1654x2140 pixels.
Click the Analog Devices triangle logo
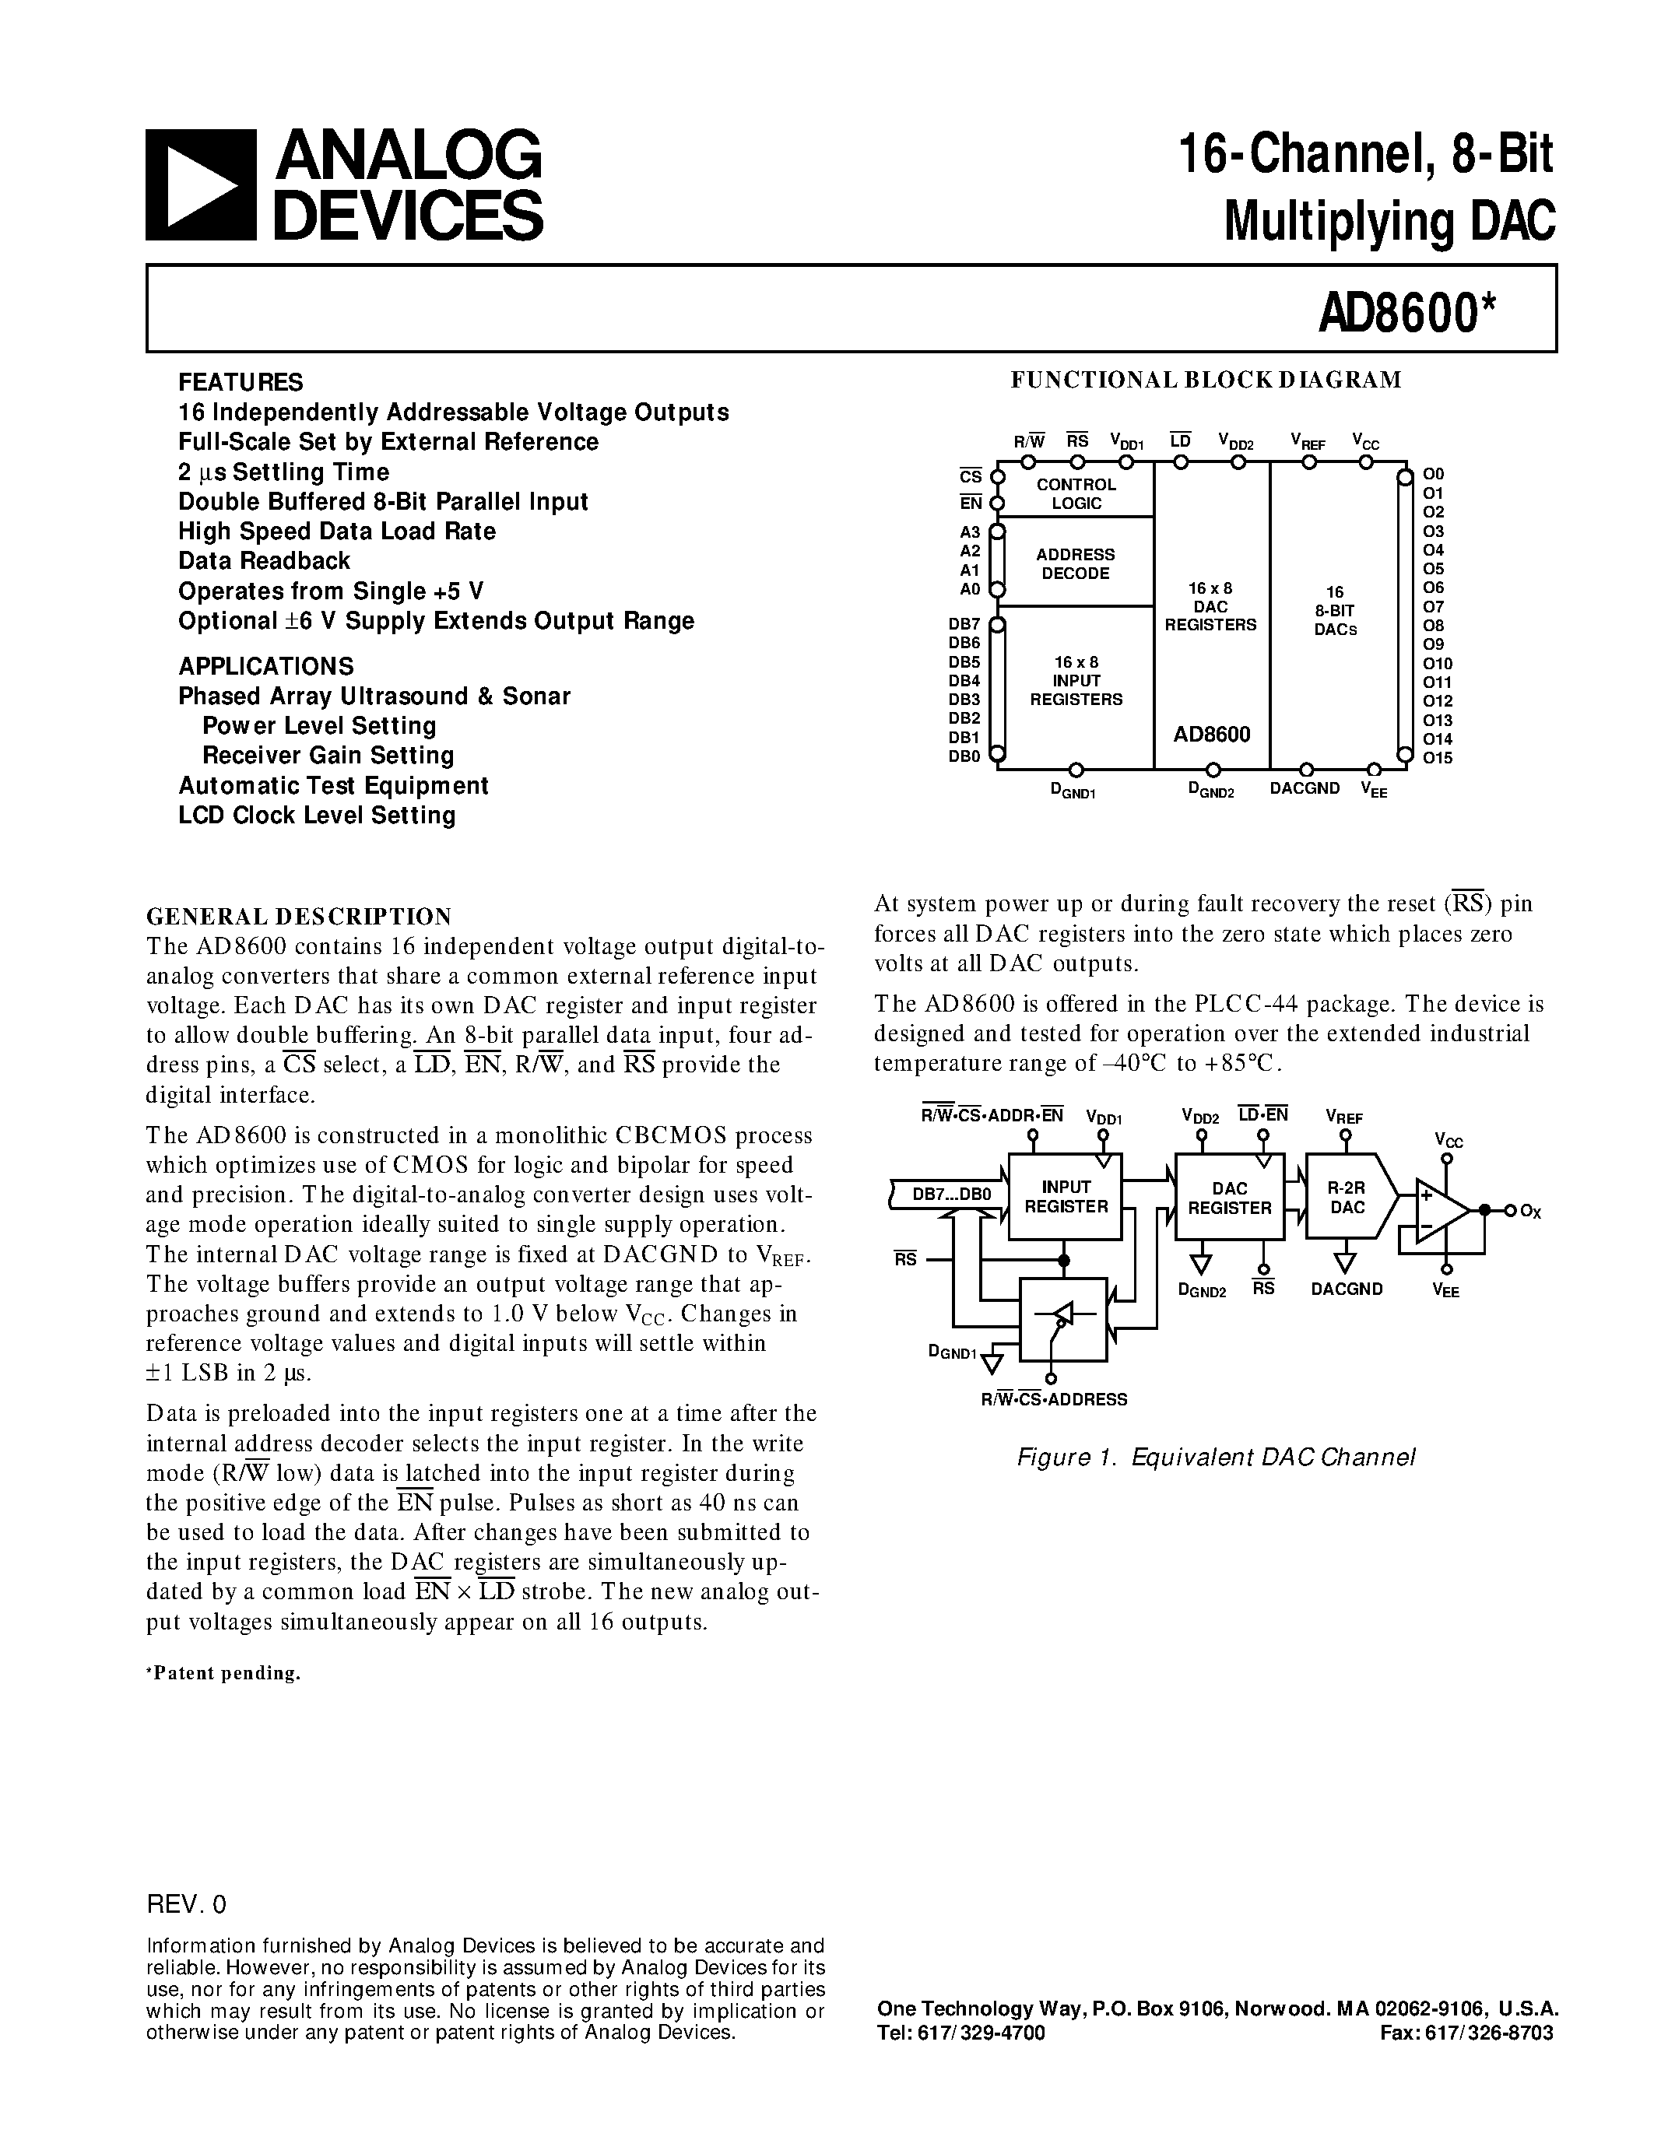(x=200, y=184)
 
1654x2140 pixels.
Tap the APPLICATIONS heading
(x=265, y=666)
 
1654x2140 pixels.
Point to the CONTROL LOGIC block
(x=1076, y=494)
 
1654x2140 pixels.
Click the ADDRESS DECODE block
(x=1076, y=563)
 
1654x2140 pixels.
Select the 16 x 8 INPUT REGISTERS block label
(x=1076, y=681)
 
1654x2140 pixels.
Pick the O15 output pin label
(x=1438, y=757)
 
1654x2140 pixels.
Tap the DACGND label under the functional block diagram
(x=1305, y=788)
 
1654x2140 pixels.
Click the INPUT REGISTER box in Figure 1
(x=1065, y=1196)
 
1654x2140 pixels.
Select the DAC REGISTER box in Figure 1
(x=1230, y=1198)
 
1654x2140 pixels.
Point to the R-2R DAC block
(x=1348, y=1198)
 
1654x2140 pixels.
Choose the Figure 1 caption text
(x=1216, y=1457)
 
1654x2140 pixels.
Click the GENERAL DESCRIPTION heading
(x=299, y=916)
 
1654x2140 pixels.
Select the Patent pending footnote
(x=223, y=1672)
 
